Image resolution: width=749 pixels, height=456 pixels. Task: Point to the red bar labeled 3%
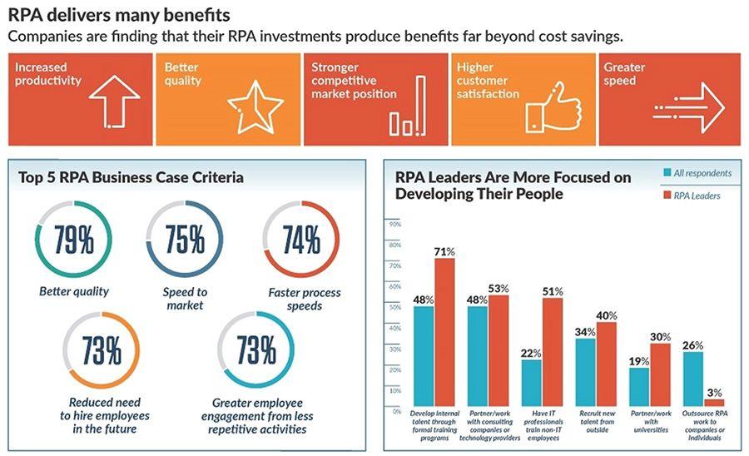coord(713,402)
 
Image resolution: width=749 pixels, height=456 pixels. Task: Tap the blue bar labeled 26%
coord(693,378)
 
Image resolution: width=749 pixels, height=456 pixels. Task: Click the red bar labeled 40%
coord(606,363)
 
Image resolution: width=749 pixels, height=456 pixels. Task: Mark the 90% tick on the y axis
coord(395,225)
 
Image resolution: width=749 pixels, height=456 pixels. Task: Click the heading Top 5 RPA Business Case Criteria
coord(131,177)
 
